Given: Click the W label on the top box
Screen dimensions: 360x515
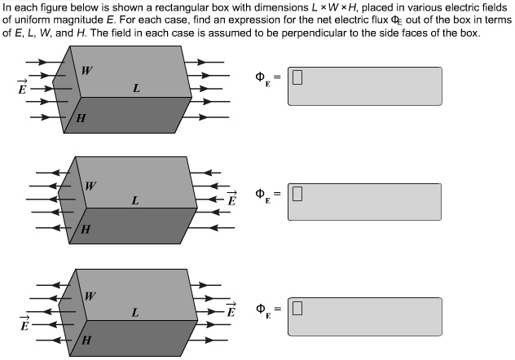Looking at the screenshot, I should click(x=86, y=70).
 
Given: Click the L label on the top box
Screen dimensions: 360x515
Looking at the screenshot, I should click(x=135, y=89).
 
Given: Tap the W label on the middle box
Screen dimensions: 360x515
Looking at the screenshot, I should click(x=90, y=185).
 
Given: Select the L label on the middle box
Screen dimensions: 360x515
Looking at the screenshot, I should click(x=134, y=200).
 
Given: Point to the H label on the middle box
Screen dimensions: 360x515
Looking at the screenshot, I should click(x=85, y=231).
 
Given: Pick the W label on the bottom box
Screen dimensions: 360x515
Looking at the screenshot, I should click(x=90, y=295).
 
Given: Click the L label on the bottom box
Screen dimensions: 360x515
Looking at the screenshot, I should click(x=134, y=311).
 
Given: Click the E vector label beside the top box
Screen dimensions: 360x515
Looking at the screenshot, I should click(x=22, y=87).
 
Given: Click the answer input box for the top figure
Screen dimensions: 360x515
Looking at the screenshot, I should click(x=364, y=86).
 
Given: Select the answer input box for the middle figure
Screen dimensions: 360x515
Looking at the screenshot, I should click(x=364, y=200).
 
